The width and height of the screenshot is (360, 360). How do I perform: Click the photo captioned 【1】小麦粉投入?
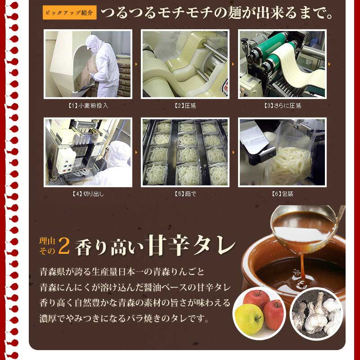[88, 64]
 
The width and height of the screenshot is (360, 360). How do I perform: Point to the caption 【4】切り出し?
[88, 194]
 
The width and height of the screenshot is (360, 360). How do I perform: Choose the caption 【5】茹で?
[185, 194]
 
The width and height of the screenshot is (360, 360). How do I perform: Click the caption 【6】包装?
[282, 194]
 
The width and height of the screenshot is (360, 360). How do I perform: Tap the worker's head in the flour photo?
[93, 43]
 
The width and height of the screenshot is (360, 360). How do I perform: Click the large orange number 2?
[64, 245]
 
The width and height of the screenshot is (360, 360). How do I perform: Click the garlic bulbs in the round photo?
[317, 310]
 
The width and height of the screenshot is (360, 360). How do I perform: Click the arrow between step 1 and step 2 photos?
[137, 64]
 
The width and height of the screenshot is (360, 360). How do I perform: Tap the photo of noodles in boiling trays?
[185, 152]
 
